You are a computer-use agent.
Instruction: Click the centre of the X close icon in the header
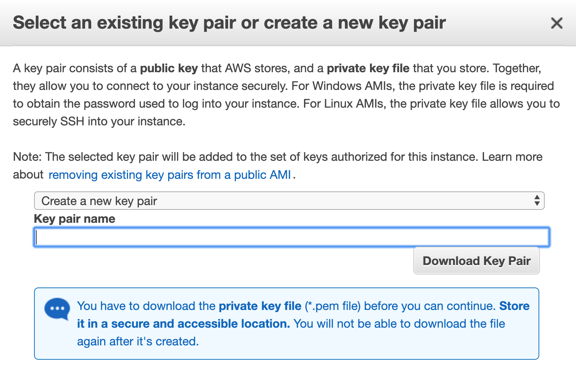tap(557, 23)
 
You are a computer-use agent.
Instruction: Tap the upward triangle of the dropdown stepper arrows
tap(537, 197)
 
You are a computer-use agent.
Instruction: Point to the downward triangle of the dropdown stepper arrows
tap(537, 203)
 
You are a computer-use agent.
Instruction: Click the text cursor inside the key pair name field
tap(37, 237)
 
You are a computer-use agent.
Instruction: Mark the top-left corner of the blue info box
tap(34, 288)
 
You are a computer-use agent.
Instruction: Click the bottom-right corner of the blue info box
tap(539, 359)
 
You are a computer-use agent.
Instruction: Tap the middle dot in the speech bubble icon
tap(57, 308)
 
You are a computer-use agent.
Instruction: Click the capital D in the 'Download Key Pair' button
tap(428, 261)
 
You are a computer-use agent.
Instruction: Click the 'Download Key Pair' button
tap(477, 261)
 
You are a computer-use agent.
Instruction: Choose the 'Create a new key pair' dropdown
tap(289, 201)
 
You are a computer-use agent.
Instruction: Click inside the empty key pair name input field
tap(292, 237)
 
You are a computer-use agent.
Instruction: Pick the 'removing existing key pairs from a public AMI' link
tap(170, 175)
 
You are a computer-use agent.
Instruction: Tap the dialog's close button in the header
tap(557, 23)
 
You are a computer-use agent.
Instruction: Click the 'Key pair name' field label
tap(75, 219)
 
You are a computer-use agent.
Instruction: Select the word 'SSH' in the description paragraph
tap(72, 121)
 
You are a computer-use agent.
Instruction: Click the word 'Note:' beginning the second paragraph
tap(27, 157)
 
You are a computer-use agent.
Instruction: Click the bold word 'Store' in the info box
tap(514, 306)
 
